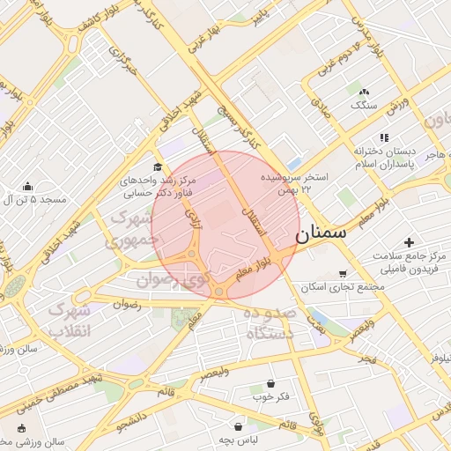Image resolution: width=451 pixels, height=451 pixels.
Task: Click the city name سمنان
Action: click(321, 234)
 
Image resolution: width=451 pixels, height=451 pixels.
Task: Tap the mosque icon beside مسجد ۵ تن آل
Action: click(28, 186)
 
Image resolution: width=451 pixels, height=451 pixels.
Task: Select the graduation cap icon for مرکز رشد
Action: click(158, 166)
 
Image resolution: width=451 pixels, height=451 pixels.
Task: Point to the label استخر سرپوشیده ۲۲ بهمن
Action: click(294, 183)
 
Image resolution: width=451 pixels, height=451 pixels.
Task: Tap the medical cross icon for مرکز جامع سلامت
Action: click(408, 242)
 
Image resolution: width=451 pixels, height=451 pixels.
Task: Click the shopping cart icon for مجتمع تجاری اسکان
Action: click(342, 274)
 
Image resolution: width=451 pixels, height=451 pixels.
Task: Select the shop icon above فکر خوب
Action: click(270, 384)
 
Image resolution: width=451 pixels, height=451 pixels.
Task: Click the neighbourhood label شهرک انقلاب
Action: click(69, 321)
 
